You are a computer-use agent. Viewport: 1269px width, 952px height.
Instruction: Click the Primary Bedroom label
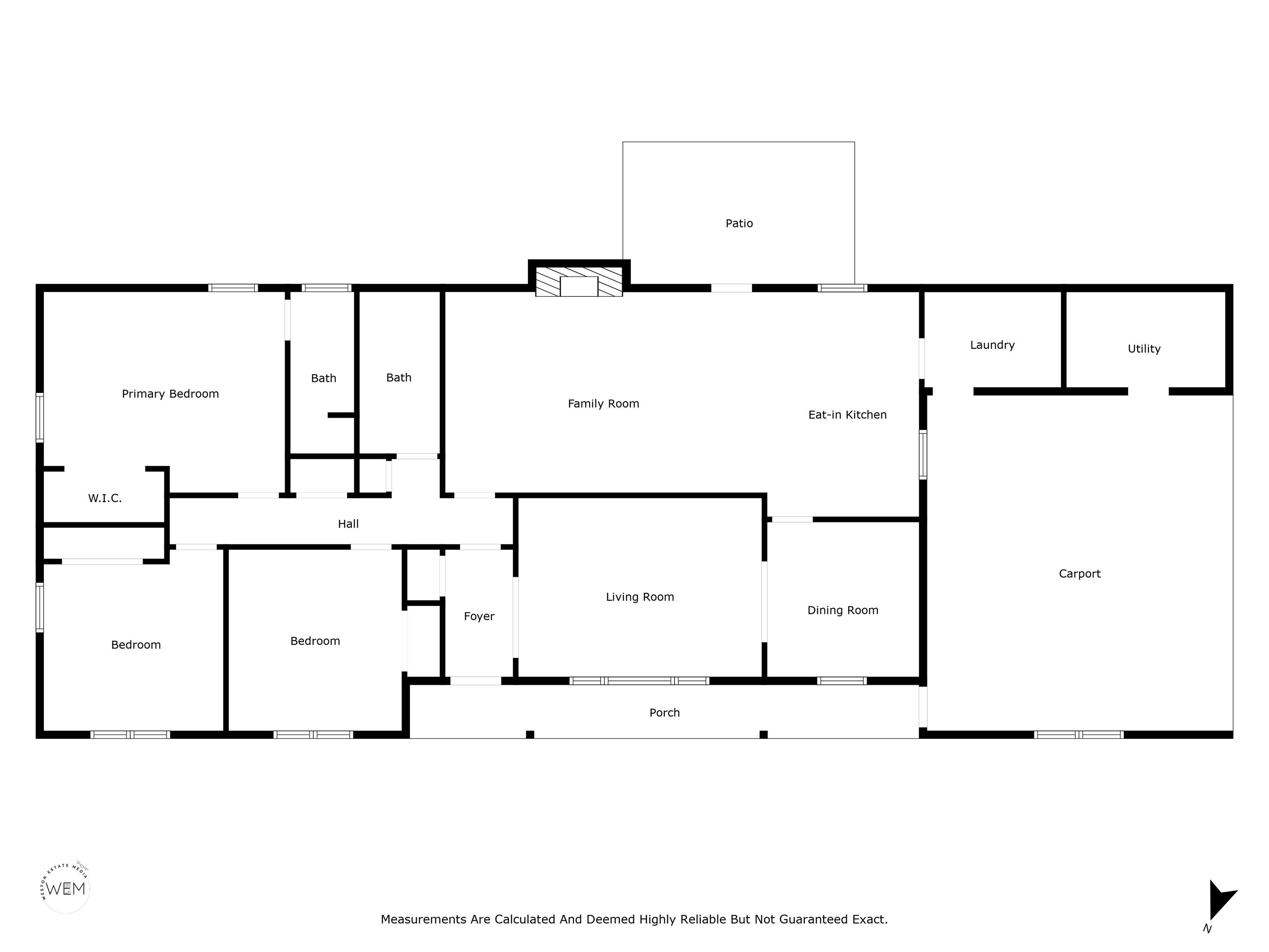pos(170,394)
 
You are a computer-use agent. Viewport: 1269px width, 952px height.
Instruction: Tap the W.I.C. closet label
pos(105,498)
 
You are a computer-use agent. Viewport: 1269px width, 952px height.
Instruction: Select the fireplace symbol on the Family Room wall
pos(579,282)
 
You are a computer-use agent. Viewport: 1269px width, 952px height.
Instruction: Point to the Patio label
pos(739,223)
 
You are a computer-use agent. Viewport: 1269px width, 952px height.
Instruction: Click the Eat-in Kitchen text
pos(847,414)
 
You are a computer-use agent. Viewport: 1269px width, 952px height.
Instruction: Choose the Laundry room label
pos(992,345)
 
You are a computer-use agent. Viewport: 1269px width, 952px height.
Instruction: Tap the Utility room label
pos(1143,348)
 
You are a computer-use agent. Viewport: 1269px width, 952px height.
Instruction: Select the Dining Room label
pos(842,610)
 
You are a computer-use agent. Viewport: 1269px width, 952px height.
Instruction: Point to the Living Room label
pos(639,597)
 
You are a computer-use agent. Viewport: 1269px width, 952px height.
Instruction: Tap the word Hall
pos(348,524)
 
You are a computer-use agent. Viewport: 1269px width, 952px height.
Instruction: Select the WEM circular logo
pos(65,888)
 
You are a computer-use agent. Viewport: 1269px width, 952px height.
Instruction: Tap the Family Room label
pos(603,403)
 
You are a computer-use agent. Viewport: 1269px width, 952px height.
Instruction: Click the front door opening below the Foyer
pos(475,681)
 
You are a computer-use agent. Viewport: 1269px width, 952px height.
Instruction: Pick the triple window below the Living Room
pos(639,681)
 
